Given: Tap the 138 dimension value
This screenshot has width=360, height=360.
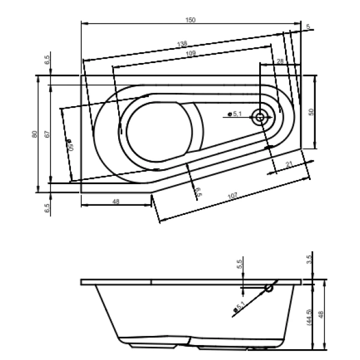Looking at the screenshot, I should pyautogui.click(x=182, y=44).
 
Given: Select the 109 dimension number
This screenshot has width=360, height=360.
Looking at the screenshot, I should pyautogui.click(x=191, y=54).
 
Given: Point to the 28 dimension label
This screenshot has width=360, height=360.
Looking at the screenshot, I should pyautogui.click(x=280, y=62).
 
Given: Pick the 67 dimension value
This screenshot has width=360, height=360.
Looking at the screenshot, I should pyautogui.click(x=46, y=134).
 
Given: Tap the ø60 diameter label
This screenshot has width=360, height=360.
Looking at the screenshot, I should pyautogui.click(x=69, y=146).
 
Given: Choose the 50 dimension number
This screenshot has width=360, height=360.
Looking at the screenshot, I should pyautogui.click(x=311, y=112).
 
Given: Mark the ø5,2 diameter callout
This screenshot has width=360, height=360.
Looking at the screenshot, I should pyautogui.click(x=239, y=308).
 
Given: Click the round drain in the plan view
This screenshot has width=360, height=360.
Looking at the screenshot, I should pyautogui.click(x=260, y=117).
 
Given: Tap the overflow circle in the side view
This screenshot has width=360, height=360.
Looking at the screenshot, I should pyautogui.click(x=269, y=288).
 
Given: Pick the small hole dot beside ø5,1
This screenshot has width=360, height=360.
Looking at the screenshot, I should pyautogui.click(x=229, y=114).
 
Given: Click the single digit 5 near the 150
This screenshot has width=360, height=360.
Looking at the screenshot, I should pyautogui.click(x=308, y=27).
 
